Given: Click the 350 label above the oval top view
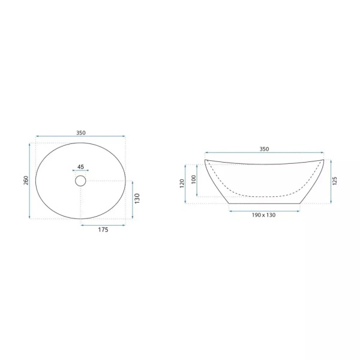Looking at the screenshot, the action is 81,133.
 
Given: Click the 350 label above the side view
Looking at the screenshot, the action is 264,149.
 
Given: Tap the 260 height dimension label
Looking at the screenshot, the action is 26,180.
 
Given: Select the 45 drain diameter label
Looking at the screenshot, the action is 80,167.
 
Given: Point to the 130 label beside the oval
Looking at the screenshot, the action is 137,199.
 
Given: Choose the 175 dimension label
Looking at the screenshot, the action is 103,230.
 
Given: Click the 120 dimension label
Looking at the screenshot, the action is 182,184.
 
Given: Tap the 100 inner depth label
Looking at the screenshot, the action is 194,179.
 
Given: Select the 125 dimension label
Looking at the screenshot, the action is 335,181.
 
